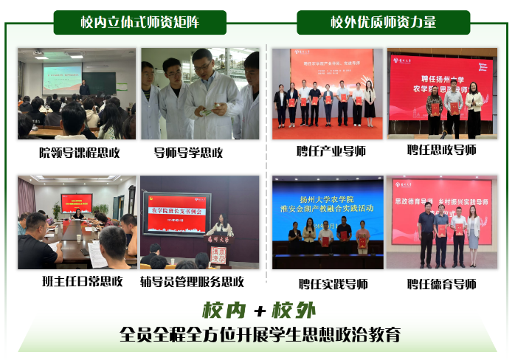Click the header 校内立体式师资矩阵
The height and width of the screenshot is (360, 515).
(139, 22)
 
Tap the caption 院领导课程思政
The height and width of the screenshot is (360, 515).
(79, 153)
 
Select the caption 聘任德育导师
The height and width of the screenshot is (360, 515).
(441, 283)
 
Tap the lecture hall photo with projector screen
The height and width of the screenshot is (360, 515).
(77, 94)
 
